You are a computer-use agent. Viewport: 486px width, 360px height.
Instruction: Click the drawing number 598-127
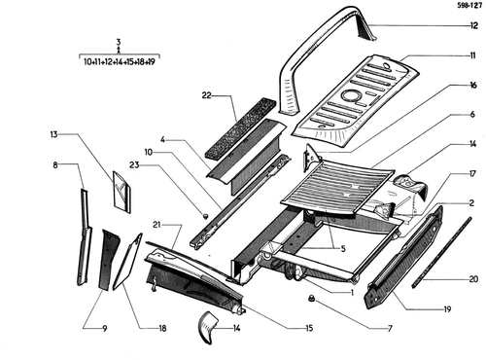(469, 6)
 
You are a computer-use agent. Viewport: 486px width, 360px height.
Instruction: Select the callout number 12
(473, 25)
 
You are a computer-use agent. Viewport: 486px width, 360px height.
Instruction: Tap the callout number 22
(206, 95)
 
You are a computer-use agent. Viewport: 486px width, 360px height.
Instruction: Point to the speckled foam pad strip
(241, 127)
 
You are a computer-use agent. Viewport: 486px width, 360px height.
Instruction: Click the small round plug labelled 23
(205, 215)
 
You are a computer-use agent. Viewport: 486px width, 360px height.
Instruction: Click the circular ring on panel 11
(350, 95)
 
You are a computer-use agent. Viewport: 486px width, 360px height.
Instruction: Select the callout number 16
(473, 85)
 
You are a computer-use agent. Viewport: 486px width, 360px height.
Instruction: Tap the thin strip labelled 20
(441, 252)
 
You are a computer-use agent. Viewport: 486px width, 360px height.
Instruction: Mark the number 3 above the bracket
(119, 42)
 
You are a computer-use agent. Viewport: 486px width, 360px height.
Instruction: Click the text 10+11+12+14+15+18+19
(120, 61)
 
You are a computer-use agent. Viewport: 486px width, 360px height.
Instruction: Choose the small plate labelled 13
(121, 192)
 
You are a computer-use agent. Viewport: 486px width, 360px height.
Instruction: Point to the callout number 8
(55, 164)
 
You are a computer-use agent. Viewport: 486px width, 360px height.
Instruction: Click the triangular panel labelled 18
(127, 261)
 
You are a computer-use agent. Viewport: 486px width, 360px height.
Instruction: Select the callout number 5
(343, 249)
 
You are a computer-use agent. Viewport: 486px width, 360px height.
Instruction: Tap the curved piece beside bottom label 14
(207, 327)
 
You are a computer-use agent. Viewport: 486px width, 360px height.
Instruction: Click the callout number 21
(156, 225)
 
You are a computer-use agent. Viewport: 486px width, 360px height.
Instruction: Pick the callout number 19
(447, 309)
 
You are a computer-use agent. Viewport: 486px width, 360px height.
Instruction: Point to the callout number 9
(104, 329)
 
